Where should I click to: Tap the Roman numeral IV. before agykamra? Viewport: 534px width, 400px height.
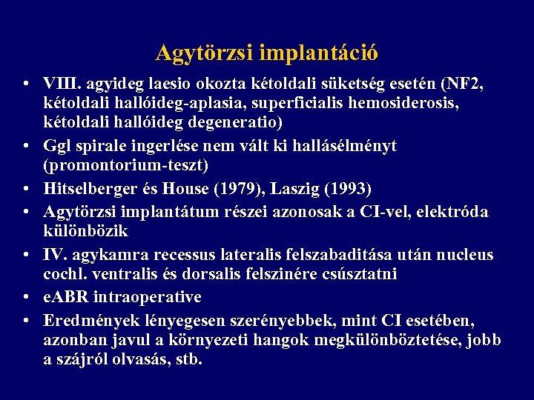57,255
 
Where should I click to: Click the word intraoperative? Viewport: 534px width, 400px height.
153,297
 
